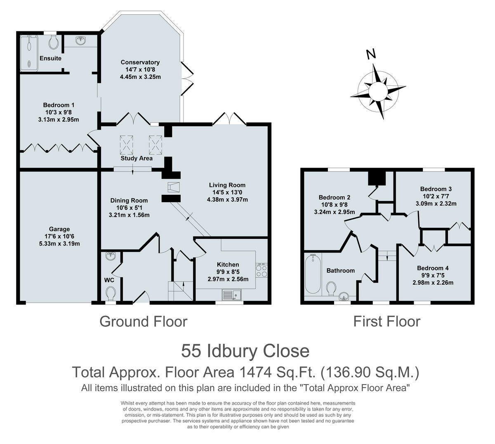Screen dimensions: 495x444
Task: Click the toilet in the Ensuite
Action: pyautogui.click(x=54, y=43)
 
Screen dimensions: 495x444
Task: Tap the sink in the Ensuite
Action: pyautogui.click(x=80, y=40)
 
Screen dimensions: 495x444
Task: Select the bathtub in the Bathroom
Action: pyautogui.click(x=313, y=274)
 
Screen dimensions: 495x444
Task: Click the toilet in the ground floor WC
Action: pyautogui.click(x=111, y=293)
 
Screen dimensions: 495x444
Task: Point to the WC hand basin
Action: pyautogui.click(x=111, y=256)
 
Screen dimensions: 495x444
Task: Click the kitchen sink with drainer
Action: pyautogui.click(x=231, y=295)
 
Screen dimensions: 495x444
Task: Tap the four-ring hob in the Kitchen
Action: pyautogui.click(x=262, y=271)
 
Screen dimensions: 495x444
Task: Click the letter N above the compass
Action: pyautogui.click(x=371, y=54)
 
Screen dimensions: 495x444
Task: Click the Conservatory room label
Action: pyautogui.click(x=140, y=62)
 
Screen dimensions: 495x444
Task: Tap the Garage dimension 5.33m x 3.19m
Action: pyautogui.click(x=59, y=244)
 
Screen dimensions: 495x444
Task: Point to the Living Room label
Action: pyautogui.click(x=227, y=185)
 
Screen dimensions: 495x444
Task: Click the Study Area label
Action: pyautogui.click(x=137, y=158)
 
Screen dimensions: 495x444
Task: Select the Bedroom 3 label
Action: pyautogui.click(x=436, y=189)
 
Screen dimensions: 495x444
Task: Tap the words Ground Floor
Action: pyautogui.click(x=144, y=322)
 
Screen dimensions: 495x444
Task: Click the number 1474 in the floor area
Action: pyautogui.click(x=256, y=372)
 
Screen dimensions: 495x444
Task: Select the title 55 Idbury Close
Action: pyautogui.click(x=245, y=351)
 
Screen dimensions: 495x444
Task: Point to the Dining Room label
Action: pyautogui.click(x=129, y=201)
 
